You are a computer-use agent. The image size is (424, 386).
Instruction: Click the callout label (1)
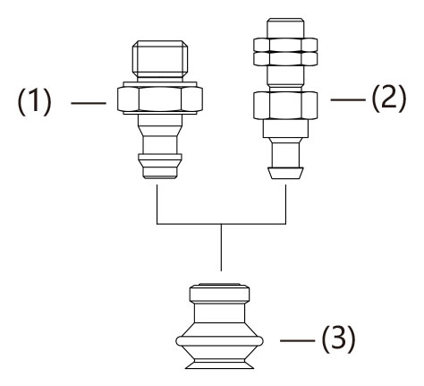[x=35, y=103]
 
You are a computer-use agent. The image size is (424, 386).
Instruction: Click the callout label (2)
[x=389, y=99]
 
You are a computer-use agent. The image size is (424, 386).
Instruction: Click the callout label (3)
[x=338, y=339]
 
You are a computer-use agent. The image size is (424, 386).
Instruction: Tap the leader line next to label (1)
[x=89, y=103]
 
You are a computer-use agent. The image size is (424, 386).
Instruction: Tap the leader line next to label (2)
[x=348, y=99]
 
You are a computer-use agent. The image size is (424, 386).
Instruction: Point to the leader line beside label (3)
[x=298, y=340]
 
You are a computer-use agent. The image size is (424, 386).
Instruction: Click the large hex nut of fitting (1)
[x=160, y=99]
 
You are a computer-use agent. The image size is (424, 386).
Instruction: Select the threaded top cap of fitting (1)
[x=160, y=58]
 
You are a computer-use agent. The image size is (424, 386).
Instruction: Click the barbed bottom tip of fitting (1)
[x=160, y=167]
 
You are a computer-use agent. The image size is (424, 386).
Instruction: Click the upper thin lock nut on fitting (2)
[x=285, y=45]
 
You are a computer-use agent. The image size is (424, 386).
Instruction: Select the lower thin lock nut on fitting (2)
[x=285, y=59]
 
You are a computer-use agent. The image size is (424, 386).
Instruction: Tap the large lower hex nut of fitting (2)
[x=285, y=106]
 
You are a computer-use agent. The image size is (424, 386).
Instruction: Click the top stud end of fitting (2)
[x=285, y=28]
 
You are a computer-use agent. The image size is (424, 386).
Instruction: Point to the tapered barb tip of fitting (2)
[x=285, y=173]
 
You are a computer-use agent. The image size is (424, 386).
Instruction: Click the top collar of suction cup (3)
[x=219, y=293]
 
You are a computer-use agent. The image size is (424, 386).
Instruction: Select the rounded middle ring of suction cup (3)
[x=219, y=341]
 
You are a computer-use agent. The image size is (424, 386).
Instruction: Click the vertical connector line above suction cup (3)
[x=221, y=247]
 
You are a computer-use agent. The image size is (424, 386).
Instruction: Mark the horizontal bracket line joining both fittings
[x=221, y=224]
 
